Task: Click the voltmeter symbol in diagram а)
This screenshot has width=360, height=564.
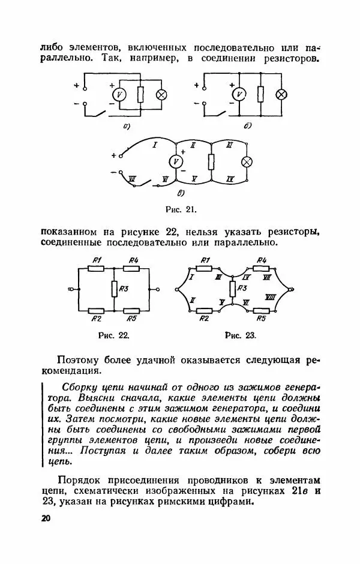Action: tap(119, 95)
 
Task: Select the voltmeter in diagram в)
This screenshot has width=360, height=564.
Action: tap(176, 162)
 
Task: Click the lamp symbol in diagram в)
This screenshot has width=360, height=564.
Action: tap(246, 163)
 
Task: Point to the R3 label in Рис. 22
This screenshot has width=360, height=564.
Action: tap(125, 289)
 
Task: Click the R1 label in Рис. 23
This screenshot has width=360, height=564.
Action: tap(205, 260)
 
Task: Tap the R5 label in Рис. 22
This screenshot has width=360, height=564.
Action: tap(132, 319)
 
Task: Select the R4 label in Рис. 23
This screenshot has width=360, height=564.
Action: tap(262, 260)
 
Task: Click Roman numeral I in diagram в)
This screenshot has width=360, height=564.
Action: tap(154, 145)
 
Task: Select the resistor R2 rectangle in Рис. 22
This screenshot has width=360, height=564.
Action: tap(97, 310)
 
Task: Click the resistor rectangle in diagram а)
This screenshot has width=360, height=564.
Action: tap(140, 95)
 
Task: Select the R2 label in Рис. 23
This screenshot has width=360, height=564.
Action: tap(204, 319)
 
